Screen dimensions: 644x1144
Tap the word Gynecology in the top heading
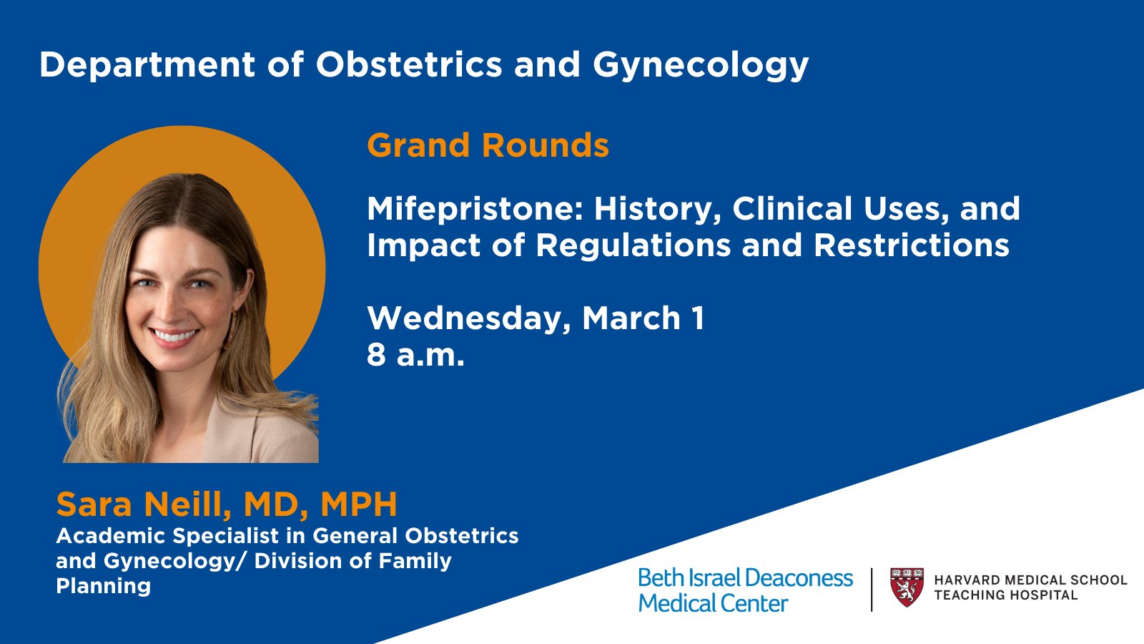tap(700, 66)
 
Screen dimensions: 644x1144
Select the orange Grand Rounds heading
tap(488, 145)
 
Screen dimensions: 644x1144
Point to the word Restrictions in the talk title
tap(911, 245)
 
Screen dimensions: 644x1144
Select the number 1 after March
tap(698, 318)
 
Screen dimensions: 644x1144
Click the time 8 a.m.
tap(415, 355)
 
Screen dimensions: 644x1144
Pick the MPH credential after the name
tap(358, 504)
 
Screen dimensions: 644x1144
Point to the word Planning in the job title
tap(103, 586)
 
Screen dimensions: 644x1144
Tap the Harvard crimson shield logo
tap(907, 587)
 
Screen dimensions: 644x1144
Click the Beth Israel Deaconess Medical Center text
tap(744, 590)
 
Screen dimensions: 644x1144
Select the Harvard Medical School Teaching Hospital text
tap(1030, 587)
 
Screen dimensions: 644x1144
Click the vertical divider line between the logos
tap(872, 590)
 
